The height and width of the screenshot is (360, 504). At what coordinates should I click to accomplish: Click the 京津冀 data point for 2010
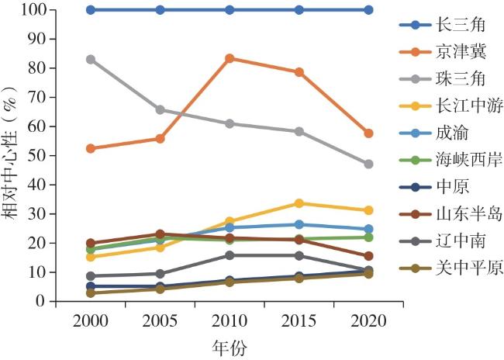click(x=230, y=58)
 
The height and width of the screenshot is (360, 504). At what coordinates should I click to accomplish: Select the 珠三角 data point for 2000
click(x=91, y=59)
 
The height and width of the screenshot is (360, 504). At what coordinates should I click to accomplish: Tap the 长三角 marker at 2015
click(x=299, y=10)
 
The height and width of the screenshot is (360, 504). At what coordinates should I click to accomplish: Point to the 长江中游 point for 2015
click(x=299, y=203)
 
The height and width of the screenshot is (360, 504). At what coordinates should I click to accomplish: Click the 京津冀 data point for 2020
click(x=368, y=133)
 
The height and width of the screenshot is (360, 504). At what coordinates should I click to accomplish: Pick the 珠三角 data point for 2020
click(x=368, y=164)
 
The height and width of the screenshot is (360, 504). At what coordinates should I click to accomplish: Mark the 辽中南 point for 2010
click(x=230, y=255)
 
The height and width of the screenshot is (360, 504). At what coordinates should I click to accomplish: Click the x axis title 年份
click(x=229, y=347)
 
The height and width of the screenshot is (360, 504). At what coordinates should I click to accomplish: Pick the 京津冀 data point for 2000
click(x=91, y=148)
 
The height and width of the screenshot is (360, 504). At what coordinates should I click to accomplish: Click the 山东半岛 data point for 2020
click(x=368, y=256)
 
